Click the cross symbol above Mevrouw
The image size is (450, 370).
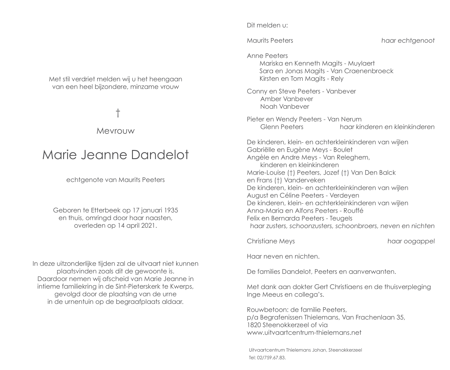tap(118, 113)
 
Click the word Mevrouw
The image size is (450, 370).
tap(116, 131)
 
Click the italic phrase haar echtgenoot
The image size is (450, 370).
tap(408, 41)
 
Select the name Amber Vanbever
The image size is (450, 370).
tap(287, 99)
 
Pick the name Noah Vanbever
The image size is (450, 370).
tap(284, 107)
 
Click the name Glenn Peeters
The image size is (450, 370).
tap(282, 127)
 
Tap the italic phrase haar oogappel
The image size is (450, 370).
tap(411, 241)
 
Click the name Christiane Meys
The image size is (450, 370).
tap(271, 241)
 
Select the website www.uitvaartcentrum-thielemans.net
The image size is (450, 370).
tap(304, 333)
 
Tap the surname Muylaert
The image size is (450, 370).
tap(361, 63)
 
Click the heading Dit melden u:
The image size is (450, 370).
tap(267, 25)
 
